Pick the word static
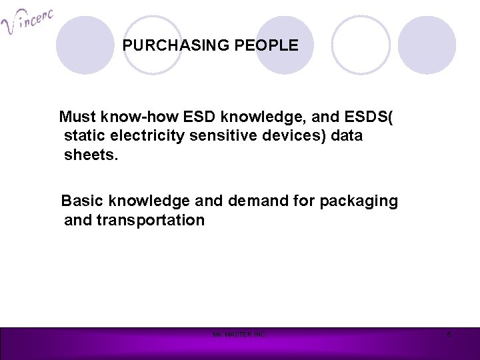coord(83,137)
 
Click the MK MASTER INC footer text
coord(239,334)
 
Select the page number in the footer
coord(449,334)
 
